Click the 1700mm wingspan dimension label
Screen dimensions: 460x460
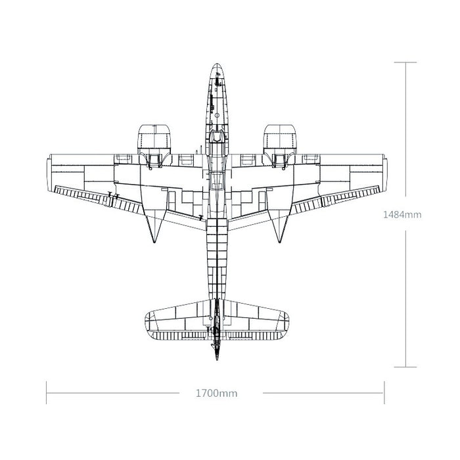[x=216, y=393]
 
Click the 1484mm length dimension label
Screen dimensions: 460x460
[x=402, y=214]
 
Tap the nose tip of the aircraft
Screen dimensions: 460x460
[x=216, y=63]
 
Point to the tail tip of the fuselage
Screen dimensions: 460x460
[x=217, y=359]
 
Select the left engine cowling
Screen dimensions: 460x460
[x=154, y=139]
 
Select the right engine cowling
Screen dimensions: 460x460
[x=279, y=139]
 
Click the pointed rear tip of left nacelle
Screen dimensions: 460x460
[x=154, y=242]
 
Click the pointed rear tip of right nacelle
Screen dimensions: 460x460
[x=279, y=242]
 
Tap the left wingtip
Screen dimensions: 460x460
[x=47, y=173]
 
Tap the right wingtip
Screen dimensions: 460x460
[x=386, y=173]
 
